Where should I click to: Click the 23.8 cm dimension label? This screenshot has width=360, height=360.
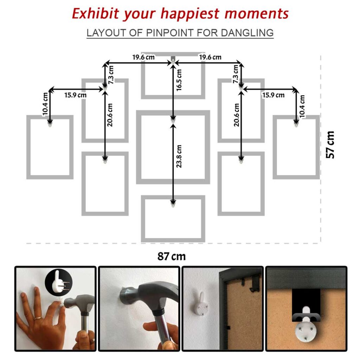coord(179,156)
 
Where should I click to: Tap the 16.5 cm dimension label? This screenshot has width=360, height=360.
coord(179,80)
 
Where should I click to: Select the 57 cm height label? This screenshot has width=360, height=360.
coord(330,144)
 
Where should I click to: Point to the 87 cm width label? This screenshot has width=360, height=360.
coord(172,256)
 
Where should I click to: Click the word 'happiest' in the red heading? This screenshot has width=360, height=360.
coord(190,14)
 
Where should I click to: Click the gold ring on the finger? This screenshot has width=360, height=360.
coord(38,318)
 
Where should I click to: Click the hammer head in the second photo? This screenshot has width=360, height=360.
coord(147,295)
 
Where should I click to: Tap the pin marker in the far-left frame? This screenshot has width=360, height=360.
coord(50,124)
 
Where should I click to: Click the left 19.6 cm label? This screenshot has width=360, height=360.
coord(143,57)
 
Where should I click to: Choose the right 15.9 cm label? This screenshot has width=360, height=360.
coord(273,95)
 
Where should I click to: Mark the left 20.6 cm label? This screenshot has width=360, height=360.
coord(110,115)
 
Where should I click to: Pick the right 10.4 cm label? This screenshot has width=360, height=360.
coord(302,106)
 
